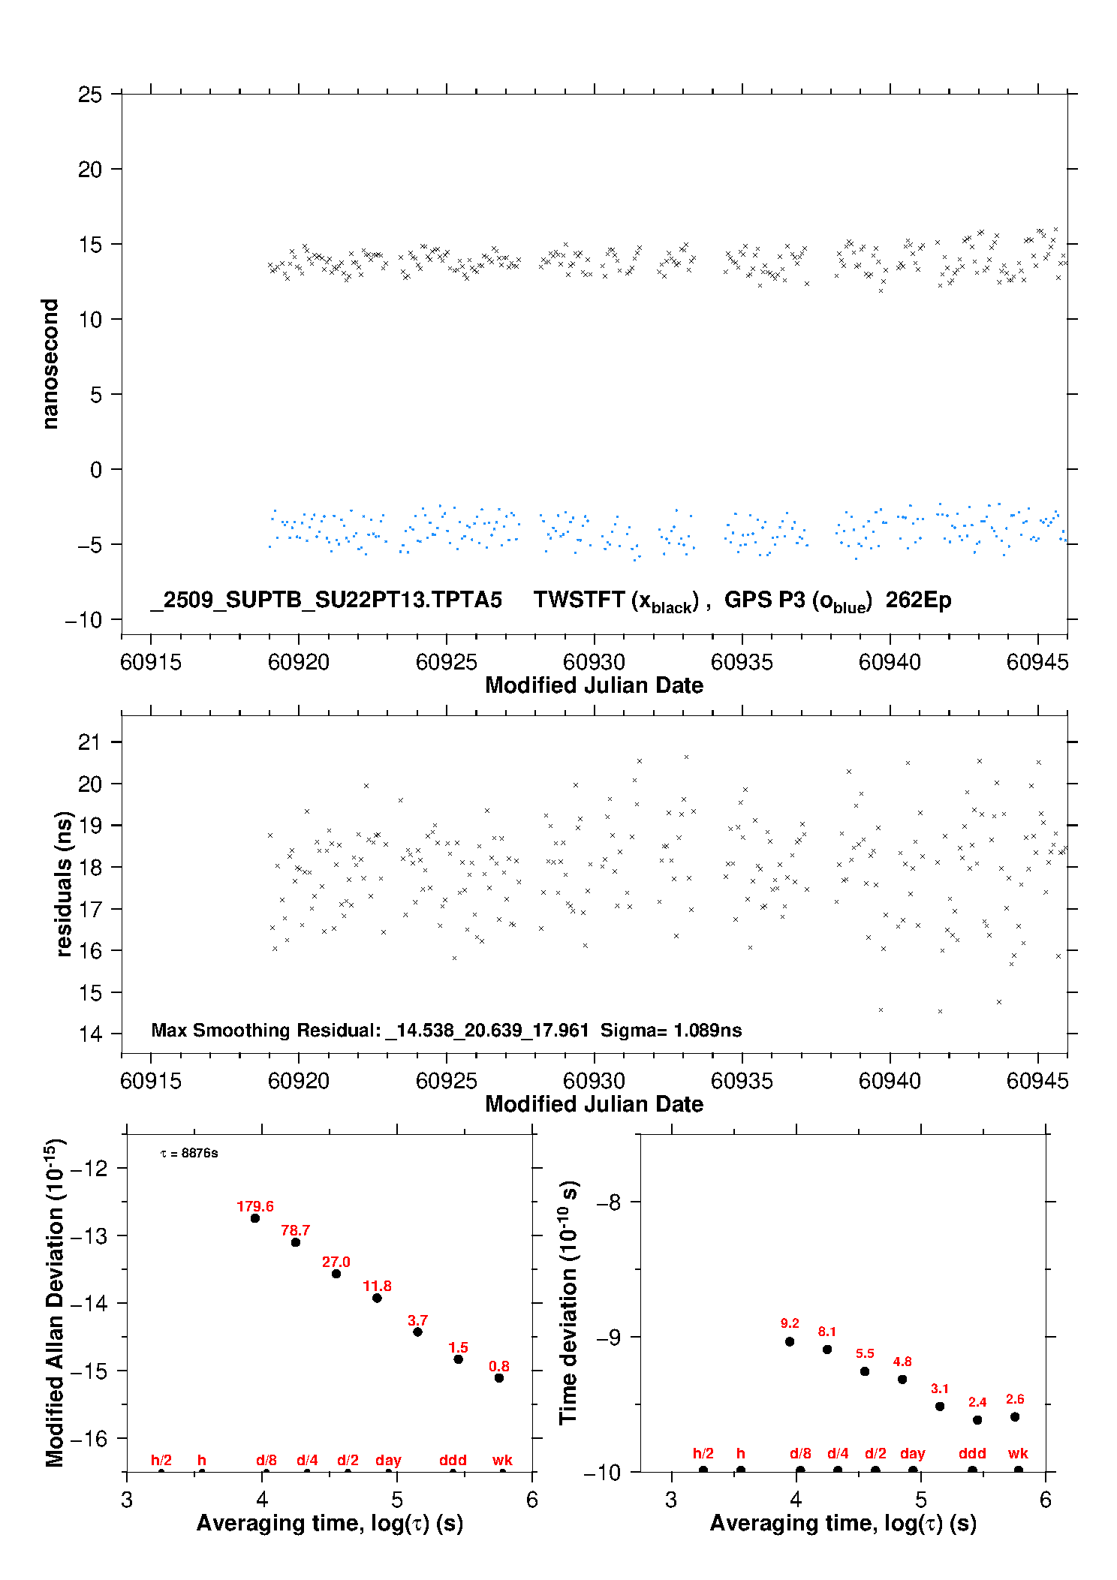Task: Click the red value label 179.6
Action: coord(255,1206)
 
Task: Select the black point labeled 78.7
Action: coord(296,1242)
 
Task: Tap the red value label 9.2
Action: coord(790,1323)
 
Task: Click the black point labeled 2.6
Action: coord(1015,1417)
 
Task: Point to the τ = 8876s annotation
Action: coord(189,1154)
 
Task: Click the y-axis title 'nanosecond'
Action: coord(50,364)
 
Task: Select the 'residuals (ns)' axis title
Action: coord(64,884)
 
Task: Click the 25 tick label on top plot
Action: coord(90,95)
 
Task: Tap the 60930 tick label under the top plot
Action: coord(594,662)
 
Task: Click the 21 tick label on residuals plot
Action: coord(89,742)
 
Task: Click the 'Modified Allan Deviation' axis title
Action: coord(55,1302)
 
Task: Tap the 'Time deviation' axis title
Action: coord(568,1302)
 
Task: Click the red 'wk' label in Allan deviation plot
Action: coord(502,1460)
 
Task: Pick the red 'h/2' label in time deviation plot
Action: coord(703,1454)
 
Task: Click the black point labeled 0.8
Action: coord(499,1378)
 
